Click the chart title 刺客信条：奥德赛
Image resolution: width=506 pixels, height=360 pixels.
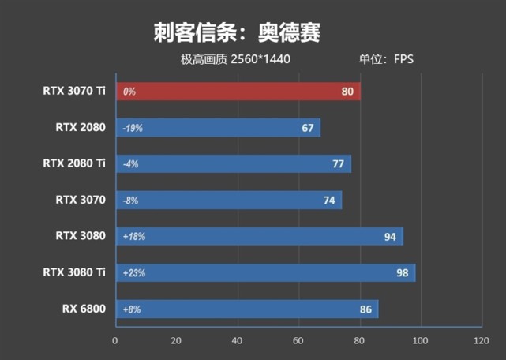237,33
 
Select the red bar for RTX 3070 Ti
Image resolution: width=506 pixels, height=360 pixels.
237,92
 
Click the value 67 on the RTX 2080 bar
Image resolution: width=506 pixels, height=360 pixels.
308,128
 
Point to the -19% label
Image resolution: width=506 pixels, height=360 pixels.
133,128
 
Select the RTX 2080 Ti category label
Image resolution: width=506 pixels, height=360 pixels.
74,164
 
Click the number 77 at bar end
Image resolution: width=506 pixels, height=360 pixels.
339,164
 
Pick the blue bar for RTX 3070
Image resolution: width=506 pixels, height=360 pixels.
229,201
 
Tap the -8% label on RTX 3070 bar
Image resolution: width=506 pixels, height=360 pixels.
130,201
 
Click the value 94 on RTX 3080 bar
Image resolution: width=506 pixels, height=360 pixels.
390,237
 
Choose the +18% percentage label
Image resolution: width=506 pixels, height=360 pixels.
133,237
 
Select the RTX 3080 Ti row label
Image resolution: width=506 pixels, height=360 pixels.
74,273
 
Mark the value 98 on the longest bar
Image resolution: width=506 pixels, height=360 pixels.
403,273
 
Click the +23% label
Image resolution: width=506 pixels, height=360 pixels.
133,273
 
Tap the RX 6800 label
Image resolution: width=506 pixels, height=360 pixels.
84,309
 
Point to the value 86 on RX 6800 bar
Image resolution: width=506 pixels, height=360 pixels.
365,309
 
